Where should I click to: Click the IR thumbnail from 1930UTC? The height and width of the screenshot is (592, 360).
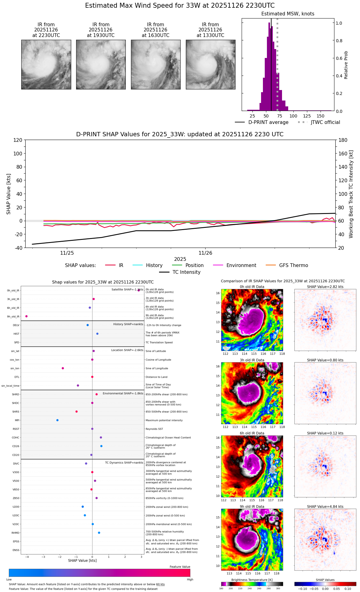(101, 64)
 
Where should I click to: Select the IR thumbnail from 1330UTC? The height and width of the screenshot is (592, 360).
(211, 64)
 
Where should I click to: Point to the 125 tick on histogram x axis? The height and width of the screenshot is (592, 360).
(307, 116)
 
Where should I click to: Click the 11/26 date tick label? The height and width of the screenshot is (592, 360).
(205, 253)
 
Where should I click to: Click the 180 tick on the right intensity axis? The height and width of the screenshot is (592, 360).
(343, 140)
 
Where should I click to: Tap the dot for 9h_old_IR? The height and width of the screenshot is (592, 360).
(27, 316)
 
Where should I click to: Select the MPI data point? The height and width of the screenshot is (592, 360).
(57, 420)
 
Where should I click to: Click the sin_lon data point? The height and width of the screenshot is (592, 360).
(63, 368)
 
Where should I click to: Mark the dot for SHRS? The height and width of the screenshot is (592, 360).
(76, 412)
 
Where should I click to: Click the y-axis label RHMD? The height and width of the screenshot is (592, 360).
(15, 533)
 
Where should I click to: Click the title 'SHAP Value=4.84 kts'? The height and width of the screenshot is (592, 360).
(325, 507)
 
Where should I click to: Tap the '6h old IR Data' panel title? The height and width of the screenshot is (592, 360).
(252, 433)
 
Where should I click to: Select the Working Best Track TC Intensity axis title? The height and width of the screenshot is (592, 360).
(351, 194)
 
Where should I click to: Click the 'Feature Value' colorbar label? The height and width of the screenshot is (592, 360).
(180, 567)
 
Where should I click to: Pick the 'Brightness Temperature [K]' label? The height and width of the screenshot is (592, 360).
(252, 580)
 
